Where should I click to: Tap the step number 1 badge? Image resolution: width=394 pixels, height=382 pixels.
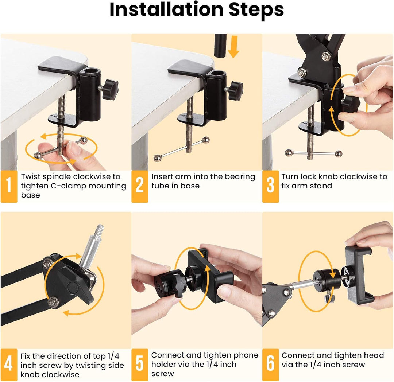[9, 186]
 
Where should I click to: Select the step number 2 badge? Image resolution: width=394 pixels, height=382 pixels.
[139, 186]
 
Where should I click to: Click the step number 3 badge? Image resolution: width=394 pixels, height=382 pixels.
[270, 186]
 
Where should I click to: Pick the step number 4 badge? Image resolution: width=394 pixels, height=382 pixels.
[9, 365]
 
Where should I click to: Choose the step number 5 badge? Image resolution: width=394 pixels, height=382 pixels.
[139, 365]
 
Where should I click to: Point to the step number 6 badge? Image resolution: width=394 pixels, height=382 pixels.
[270, 365]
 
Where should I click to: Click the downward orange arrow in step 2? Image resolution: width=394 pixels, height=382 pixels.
[233, 49]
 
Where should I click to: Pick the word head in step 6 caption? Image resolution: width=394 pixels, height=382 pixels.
[374, 355]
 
